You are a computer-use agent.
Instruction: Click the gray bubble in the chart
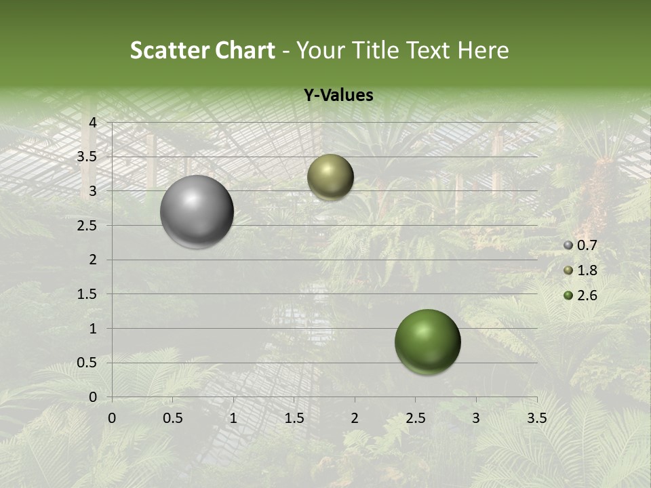coord(197,211)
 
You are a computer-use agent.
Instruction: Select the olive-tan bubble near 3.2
coord(330,177)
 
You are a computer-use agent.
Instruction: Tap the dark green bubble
coord(427,342)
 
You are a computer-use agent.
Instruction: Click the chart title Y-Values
coord(338,96)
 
